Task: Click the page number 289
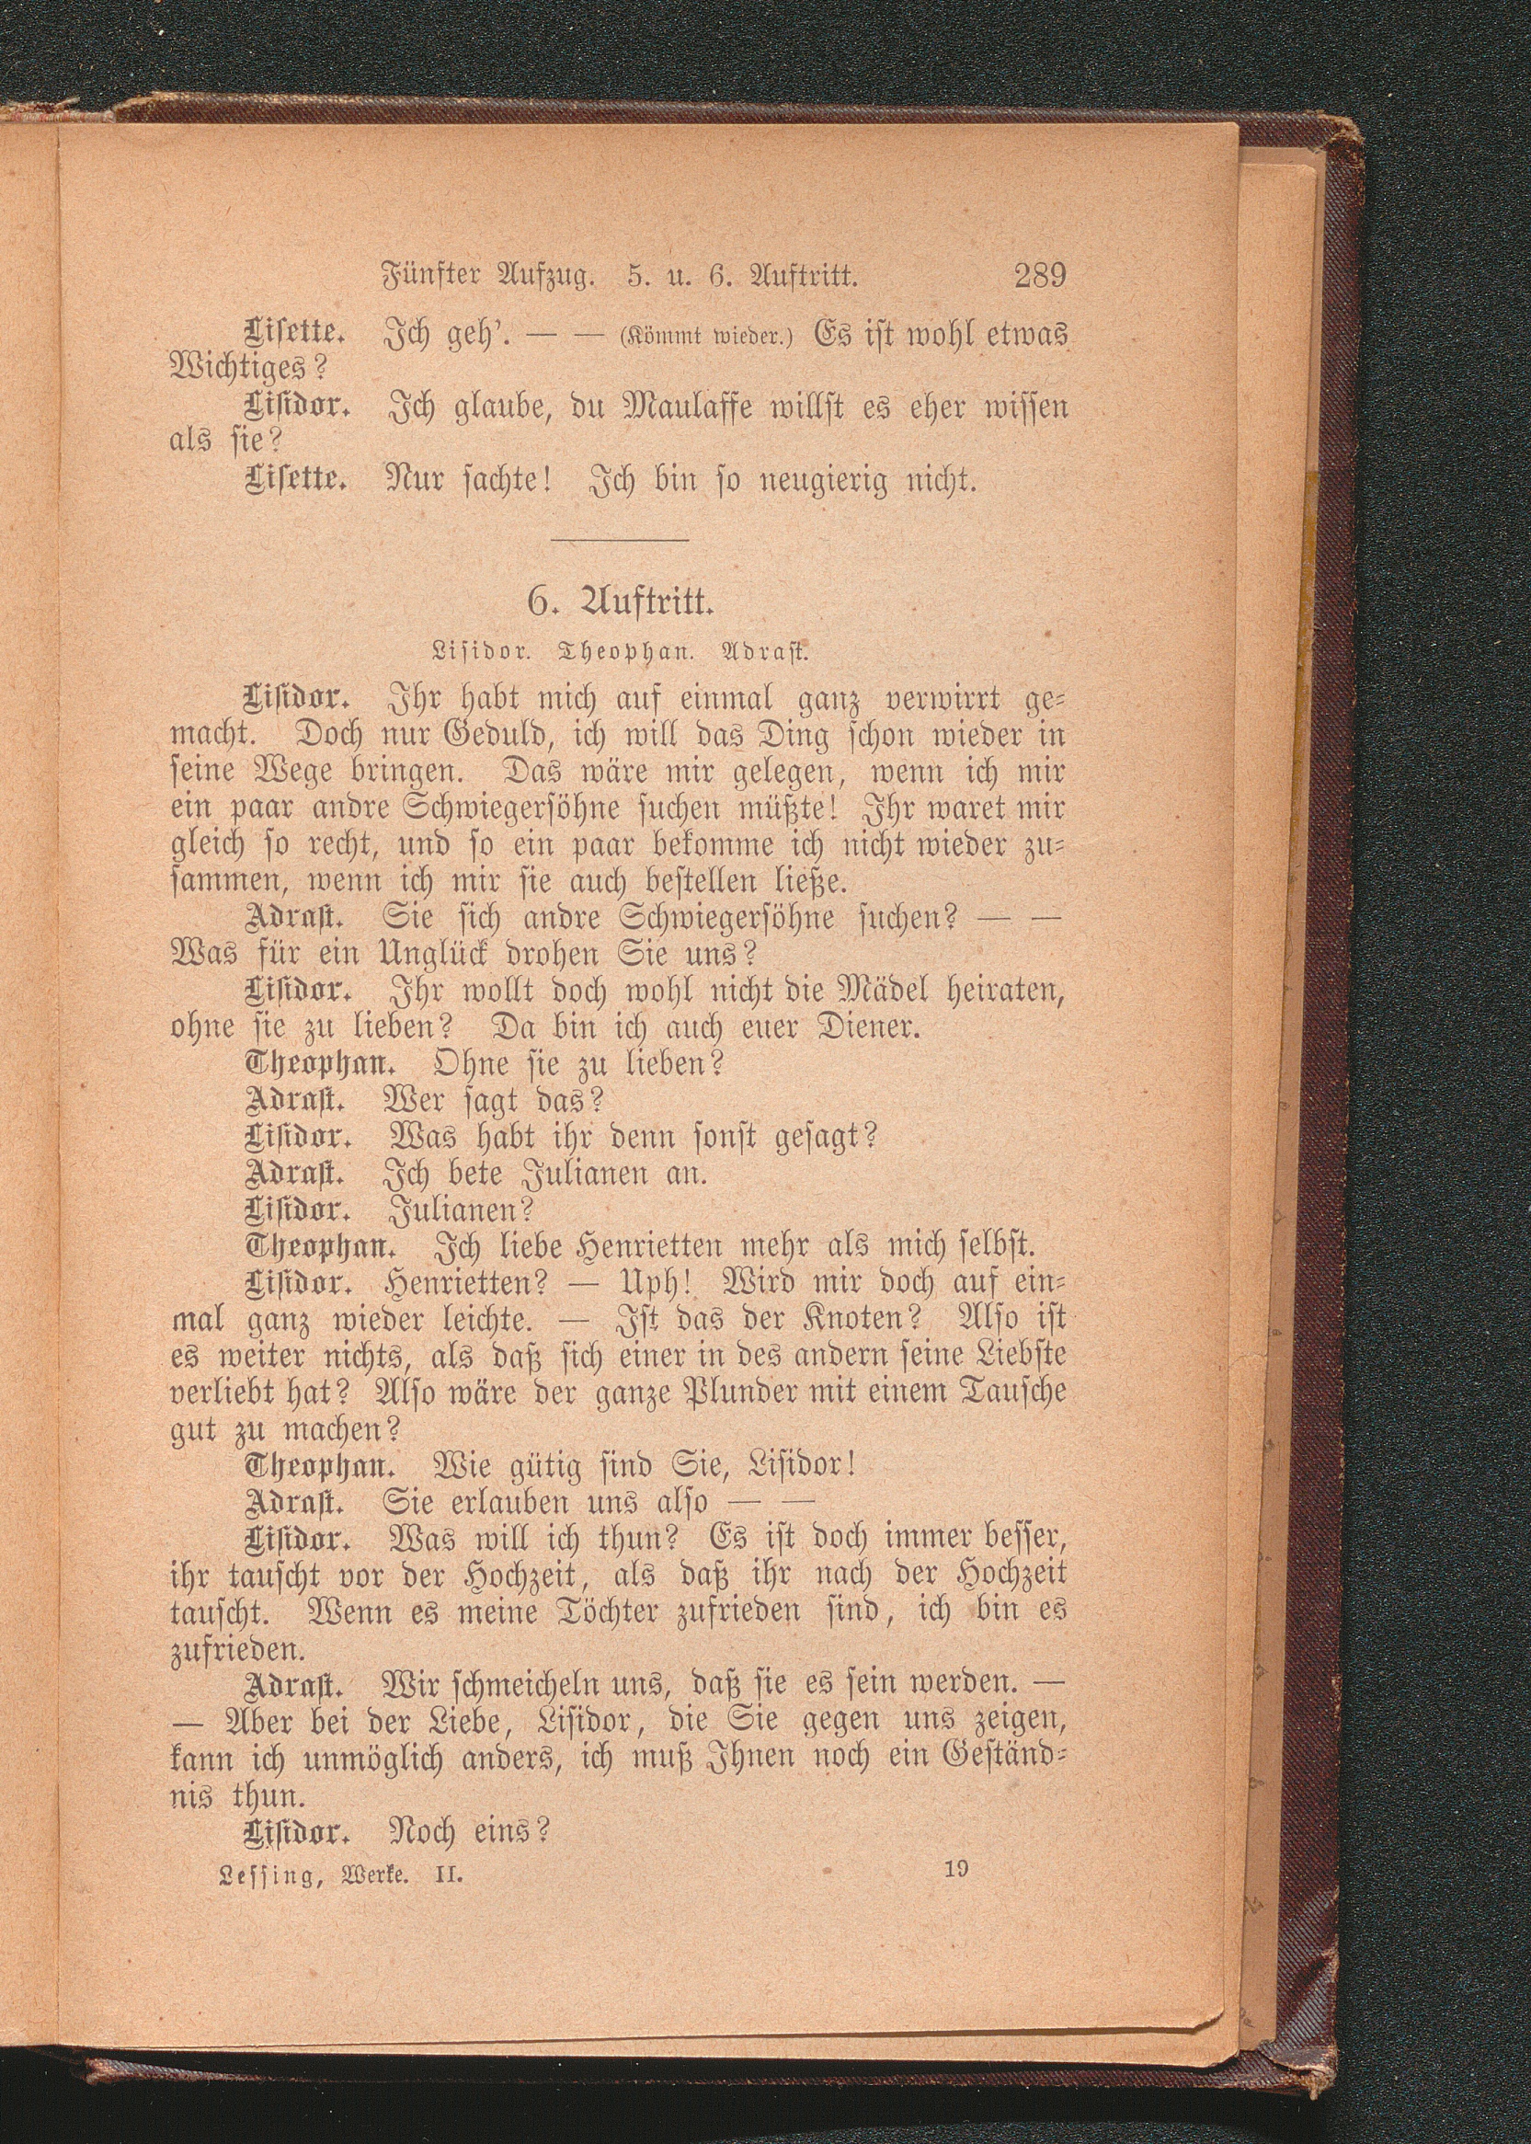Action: pos(1038,277)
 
